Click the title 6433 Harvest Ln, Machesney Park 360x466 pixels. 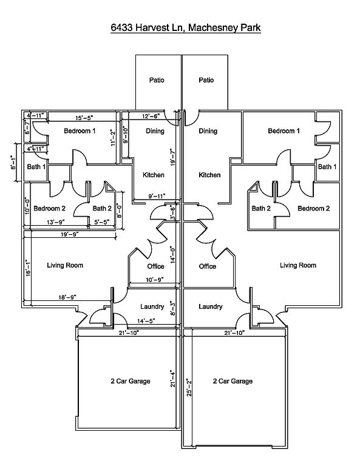[186, 28]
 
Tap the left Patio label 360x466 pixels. [157, 80]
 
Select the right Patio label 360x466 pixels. [206, 80]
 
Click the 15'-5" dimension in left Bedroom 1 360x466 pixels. [84, 118]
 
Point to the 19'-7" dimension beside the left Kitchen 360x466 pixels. [174, 157]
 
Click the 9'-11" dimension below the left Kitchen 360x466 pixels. [157, 196]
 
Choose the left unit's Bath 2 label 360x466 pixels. [102, 208]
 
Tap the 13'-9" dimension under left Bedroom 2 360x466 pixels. [56, 221]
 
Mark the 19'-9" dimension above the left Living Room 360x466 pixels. [70, 234]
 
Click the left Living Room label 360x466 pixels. [65, 265]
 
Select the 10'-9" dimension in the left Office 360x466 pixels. [155, 280]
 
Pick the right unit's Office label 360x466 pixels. [208, 266]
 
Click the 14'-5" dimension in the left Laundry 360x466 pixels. [146, 321]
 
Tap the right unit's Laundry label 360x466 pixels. [211, 306]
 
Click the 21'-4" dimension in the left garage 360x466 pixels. [173, 379]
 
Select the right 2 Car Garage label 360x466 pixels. [233, 381]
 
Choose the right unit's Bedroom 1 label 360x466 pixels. [284, 131]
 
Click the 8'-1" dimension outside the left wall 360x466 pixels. [13, 162]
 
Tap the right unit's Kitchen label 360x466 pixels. [209, 175]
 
